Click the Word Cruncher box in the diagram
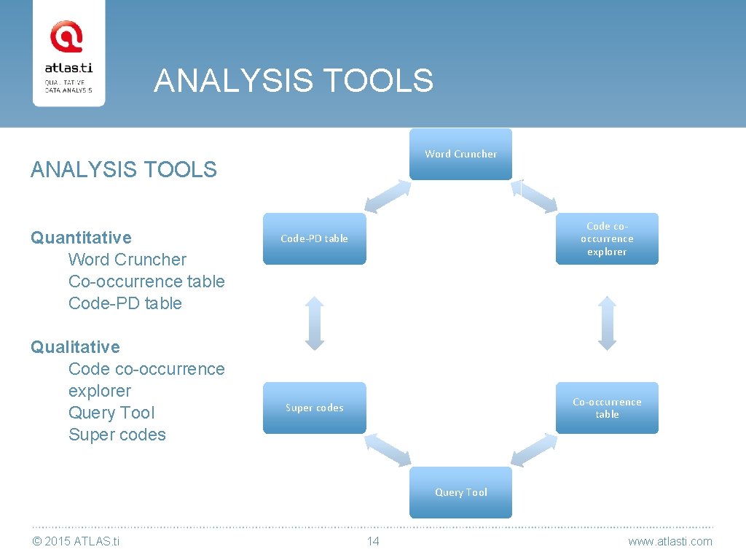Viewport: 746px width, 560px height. point(460,154)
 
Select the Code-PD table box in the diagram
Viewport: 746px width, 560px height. point(314,238)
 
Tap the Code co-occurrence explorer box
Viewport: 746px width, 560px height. point(607,238)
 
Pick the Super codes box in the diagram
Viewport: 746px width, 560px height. point(314,408)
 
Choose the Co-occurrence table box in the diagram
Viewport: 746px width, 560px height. point(607,408)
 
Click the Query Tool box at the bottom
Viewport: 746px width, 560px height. point(460,492)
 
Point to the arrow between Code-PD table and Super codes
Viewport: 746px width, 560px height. point(314,323)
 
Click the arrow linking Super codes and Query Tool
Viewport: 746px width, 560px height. point(388,450)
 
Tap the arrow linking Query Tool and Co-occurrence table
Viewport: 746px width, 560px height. point(534,450)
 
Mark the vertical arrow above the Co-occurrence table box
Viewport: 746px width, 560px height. point(607,323)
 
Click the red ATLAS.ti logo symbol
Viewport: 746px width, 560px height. point(66,37)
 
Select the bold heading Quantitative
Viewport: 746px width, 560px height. point(81,238)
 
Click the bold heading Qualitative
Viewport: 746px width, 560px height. point(75,347)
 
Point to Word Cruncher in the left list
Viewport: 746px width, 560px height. point(127,260)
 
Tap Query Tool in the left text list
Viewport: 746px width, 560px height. point(111,413)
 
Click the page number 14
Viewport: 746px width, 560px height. point(373,541)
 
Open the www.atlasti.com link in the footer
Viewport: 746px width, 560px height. point(670,541)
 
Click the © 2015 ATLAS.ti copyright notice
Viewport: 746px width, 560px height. point(76,541)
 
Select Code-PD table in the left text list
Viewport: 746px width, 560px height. point(125,303)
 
